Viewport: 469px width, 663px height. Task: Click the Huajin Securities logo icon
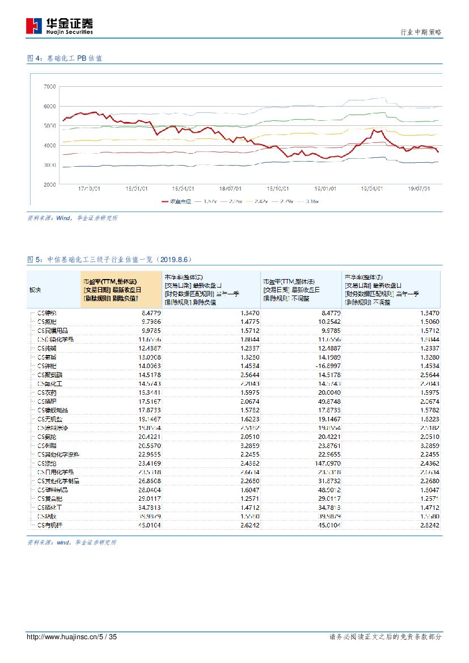click(x=34, y=26)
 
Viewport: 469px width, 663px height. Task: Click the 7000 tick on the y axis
click(x=49, y=87)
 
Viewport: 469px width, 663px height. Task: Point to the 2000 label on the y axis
click(x=49, y=185)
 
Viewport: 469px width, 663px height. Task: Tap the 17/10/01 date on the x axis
click(x=89, y=189)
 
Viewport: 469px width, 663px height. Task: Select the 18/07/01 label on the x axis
click(x=230, y=189)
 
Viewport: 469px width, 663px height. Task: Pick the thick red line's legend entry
click(x=176, y=201)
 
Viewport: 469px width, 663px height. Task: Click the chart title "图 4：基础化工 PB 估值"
click(x=65, y=58)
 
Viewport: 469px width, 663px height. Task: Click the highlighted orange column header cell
click(x=121, y=289)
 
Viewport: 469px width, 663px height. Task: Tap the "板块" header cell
click(x=35, y=290)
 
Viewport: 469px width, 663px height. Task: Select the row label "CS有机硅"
click(x=49, y=525)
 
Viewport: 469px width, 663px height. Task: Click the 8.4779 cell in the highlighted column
click(x=134, y=313)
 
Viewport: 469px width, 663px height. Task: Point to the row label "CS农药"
click(x=46, y=392)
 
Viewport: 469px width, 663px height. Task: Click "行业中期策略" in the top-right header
click(x=421, y=32)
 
